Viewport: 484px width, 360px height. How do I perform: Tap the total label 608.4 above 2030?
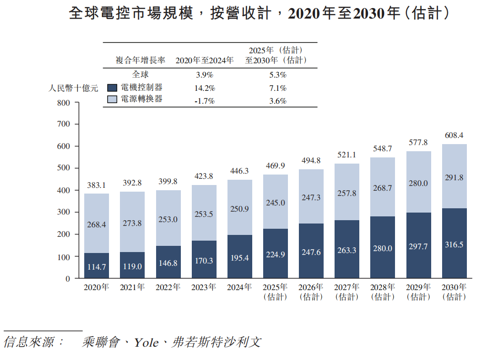tap(454, 136)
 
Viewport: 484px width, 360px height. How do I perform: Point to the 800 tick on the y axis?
tap(63, 103)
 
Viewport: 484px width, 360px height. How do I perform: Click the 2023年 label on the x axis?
tap(204, 287)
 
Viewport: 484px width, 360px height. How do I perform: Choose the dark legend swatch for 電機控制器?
tap(112, 88)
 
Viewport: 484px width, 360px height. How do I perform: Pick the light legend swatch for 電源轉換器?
tap(112, 100)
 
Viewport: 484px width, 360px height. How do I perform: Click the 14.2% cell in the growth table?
tap(205, 88)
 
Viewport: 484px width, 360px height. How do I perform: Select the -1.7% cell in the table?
tap(205, 101)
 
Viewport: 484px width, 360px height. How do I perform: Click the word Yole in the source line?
tap(146, 342)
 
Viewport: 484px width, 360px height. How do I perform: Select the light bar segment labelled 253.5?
tap(204, 214)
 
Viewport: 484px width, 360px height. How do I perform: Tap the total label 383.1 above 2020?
tap(97, 185)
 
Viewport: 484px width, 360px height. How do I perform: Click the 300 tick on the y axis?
tap(63, 213)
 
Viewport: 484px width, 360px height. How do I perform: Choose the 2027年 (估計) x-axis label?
tap(347, 292)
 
